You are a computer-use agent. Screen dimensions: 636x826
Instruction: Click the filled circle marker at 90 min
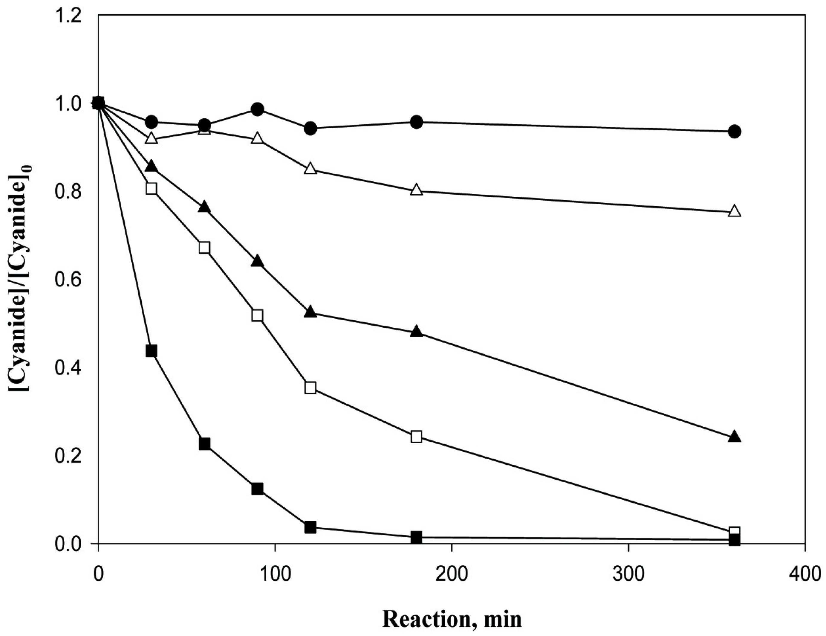tap(257, 110)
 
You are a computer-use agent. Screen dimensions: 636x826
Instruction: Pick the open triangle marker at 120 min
tap(310, 169)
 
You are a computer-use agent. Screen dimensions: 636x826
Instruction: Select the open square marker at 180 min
tap(416, 437)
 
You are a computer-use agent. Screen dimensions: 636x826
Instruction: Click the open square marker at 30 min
tap(151, 188)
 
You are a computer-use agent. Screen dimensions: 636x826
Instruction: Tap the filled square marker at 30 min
tap(151, 351)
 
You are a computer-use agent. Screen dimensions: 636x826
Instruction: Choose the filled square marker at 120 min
tap(310, 527)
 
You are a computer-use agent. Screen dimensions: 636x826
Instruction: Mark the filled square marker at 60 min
tap(204, 443)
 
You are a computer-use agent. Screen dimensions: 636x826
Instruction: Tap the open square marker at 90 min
tap(257, 315)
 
